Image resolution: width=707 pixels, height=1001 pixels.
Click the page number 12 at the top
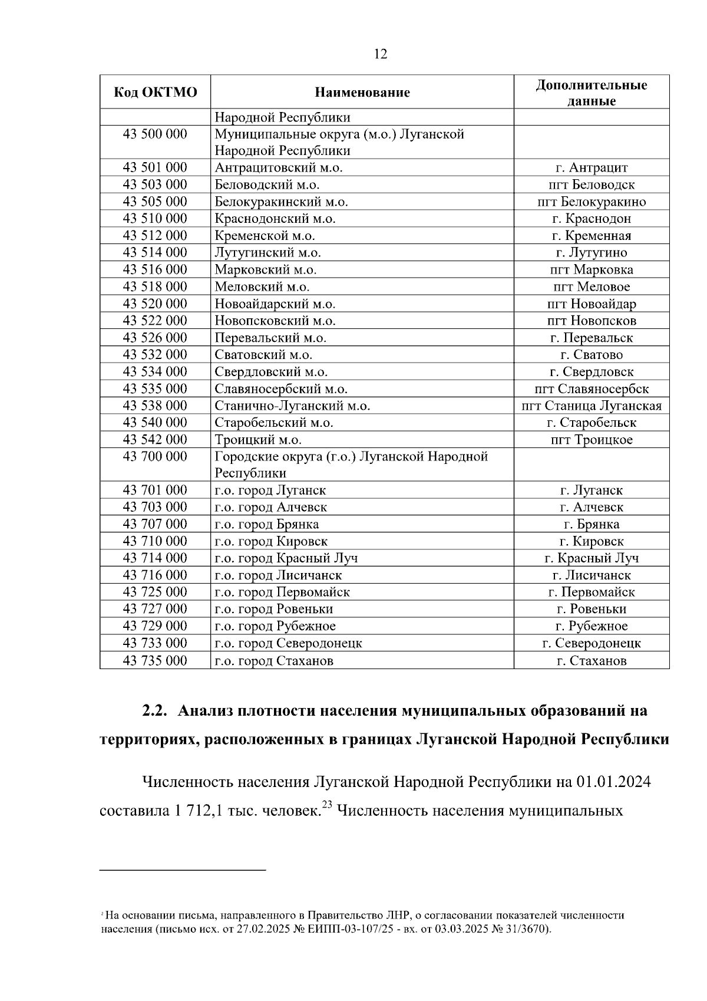(x=381, y=55)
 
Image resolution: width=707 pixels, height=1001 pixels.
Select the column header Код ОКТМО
(x=155, y=93)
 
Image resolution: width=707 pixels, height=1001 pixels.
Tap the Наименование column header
(x=362, y=93)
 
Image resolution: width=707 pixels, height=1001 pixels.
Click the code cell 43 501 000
(x=155, y=168)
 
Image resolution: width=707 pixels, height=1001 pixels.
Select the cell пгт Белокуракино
(x=591, y=202)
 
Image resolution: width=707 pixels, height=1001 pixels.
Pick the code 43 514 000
(x=155, y=253)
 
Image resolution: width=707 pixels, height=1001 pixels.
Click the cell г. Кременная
(x=591, y=236)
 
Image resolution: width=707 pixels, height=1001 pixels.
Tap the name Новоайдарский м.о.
(x=275, y=304)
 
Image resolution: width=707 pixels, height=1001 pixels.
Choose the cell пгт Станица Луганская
(x=591, y=406)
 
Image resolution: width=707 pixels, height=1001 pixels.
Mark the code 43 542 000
(x=155, y=440)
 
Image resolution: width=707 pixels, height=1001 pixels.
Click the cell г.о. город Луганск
(x=270, y=490)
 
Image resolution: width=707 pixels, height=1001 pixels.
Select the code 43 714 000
(x=155, y=558)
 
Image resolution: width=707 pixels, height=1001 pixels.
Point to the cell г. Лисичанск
(x=591, y=575)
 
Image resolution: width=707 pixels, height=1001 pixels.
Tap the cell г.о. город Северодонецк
(x=288, y=643)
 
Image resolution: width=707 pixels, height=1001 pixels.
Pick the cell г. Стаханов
(x=591, y=661)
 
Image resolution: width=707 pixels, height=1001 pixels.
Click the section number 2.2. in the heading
(x=156, y=711)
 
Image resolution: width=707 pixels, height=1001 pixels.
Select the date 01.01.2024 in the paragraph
(x=613, y=782)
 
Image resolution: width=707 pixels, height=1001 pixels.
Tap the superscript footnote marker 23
(x=328, y=805)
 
